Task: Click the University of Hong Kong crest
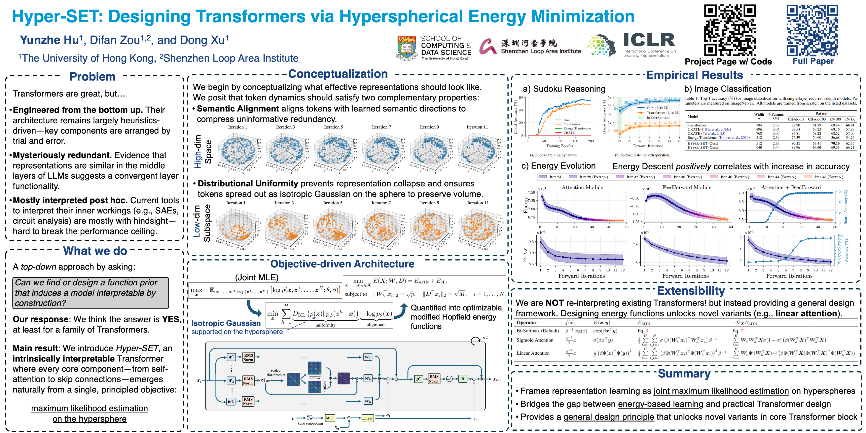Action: click(406, 48)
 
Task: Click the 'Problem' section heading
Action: click(92, 77)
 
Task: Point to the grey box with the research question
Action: click(90, 293)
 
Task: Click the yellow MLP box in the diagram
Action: click(330, 418)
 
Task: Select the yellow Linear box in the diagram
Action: click(367, 418)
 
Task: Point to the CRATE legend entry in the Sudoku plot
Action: click(569, 133)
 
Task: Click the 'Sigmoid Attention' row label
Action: click(535, 340)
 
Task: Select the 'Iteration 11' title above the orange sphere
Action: click(478, 203)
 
